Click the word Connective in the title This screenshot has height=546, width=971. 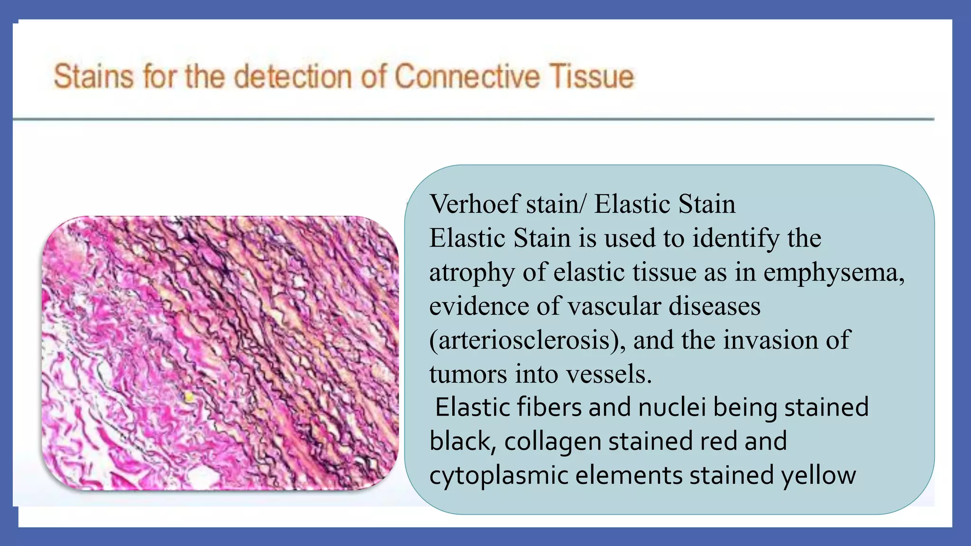(467, 77)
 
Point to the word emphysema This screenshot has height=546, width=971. (834, 273)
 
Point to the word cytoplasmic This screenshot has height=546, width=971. (499, 475)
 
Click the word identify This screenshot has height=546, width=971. (735, 238)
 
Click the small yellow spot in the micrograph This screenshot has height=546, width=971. (189, 397)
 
